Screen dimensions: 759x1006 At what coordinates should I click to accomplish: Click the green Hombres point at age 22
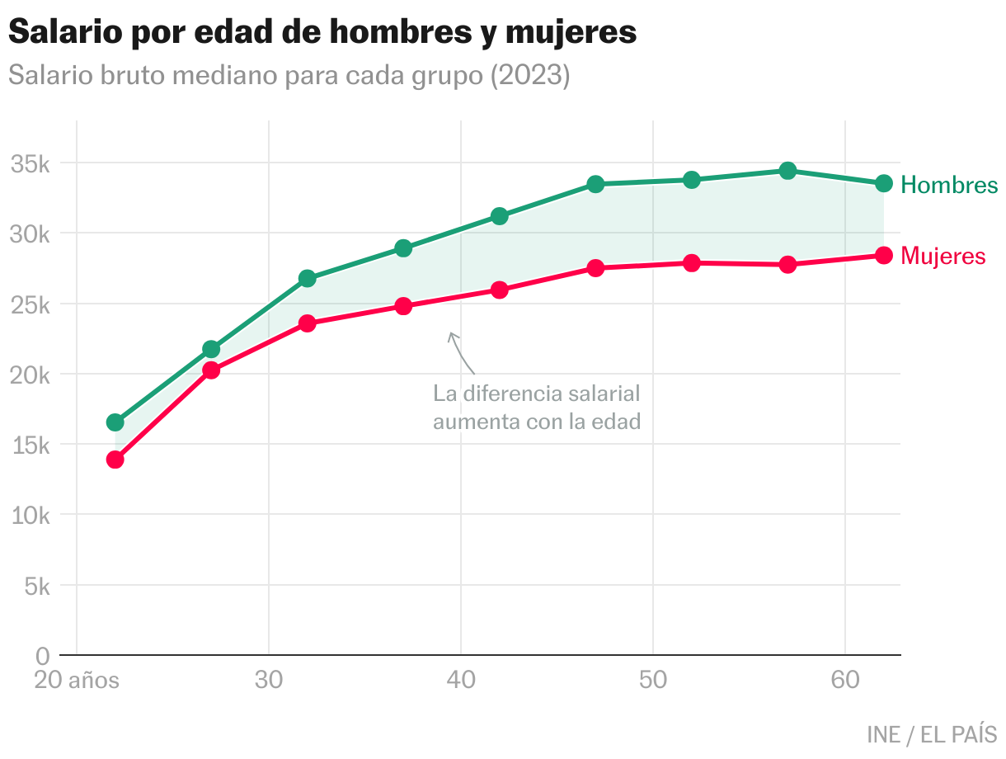(115, 422)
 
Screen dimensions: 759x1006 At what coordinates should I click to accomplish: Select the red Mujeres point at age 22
(115, 460)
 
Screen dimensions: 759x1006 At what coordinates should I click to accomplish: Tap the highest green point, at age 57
(787, 171)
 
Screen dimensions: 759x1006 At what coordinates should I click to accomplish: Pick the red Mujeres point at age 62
(884, 256)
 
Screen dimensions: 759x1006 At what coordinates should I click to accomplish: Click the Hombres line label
(949, 185)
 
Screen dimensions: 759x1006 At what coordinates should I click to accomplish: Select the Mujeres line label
(943, 257)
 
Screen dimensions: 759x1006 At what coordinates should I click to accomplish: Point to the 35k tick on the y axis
(31, 163)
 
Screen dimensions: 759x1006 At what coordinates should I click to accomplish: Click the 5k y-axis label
(37, 587)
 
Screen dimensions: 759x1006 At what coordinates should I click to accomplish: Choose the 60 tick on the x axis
(845, 681)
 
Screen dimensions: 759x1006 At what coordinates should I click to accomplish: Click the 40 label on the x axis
(461, 681)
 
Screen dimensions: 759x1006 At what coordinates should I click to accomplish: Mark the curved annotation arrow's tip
(450, 333)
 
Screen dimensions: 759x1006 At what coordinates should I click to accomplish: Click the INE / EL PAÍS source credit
(932, 733)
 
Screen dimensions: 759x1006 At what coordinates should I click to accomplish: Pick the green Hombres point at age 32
(308, 278)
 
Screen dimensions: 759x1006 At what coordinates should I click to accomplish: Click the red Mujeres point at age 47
(595, 268)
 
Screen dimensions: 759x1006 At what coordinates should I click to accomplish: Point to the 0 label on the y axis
(44, 657)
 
